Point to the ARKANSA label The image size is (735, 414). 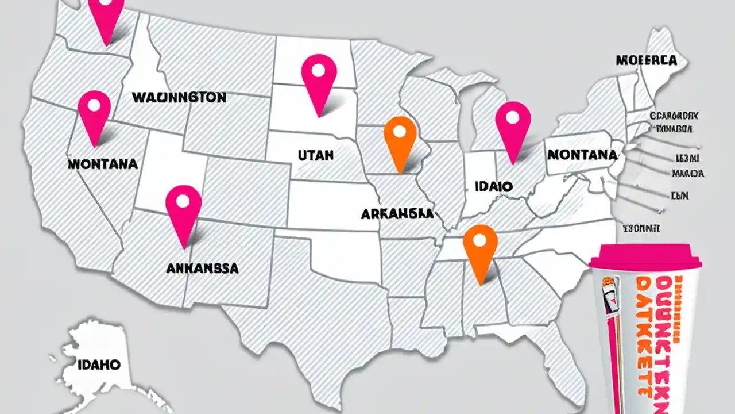pyautogui.click(x=397, y=214)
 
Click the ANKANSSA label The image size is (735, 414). pyautogui.click(x=202, y=268)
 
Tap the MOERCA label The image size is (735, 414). pyautogui.click(x=645, y=60)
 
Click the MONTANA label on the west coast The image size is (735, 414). pyautogui.click(x=103, y=164)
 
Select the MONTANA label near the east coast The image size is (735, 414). pyautogui.click(x=582, y=155)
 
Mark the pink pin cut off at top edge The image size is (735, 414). pyautogui.click(x=107, y=14)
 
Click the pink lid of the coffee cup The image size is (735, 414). pyautogui.click(x=645, y=256)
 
